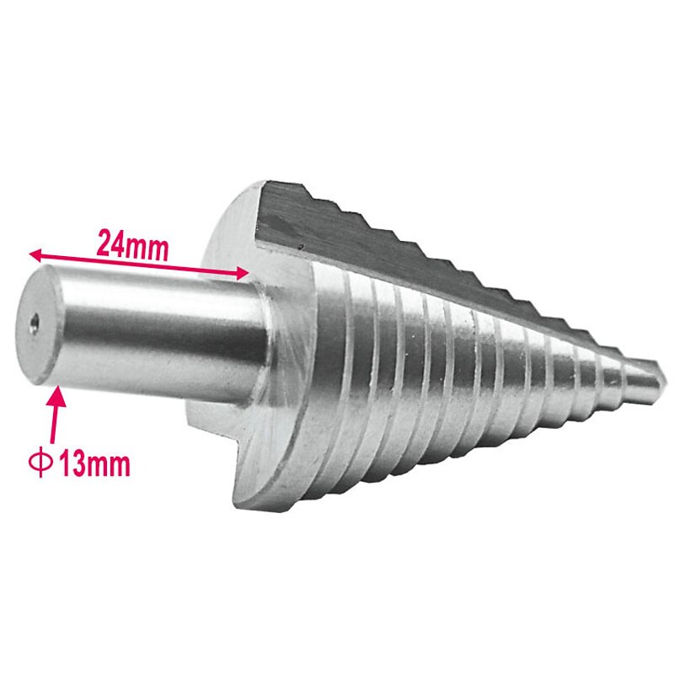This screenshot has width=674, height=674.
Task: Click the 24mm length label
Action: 134,244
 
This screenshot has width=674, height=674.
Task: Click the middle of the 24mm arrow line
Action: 139,263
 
